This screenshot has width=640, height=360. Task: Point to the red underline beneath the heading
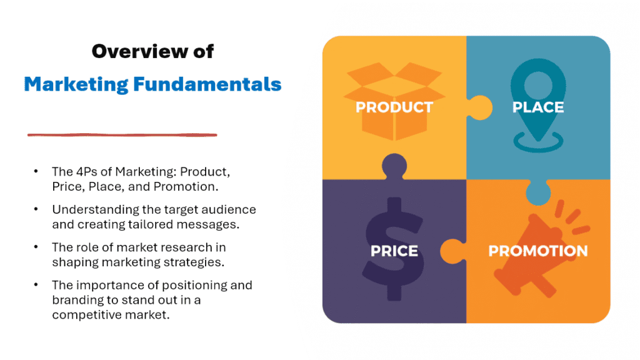(x=122, y=134)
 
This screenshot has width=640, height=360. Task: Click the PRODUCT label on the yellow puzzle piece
(x=394, y=107)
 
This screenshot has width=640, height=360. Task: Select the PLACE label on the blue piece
(x=537, y=107)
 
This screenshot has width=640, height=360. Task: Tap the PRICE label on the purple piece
(x=394, y=251)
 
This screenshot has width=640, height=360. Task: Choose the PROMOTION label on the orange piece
(x=537, y=251)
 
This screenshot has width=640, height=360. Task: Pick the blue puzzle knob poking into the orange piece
(x=537, y=192)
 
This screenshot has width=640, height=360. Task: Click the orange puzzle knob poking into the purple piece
(x=453, y=251)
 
